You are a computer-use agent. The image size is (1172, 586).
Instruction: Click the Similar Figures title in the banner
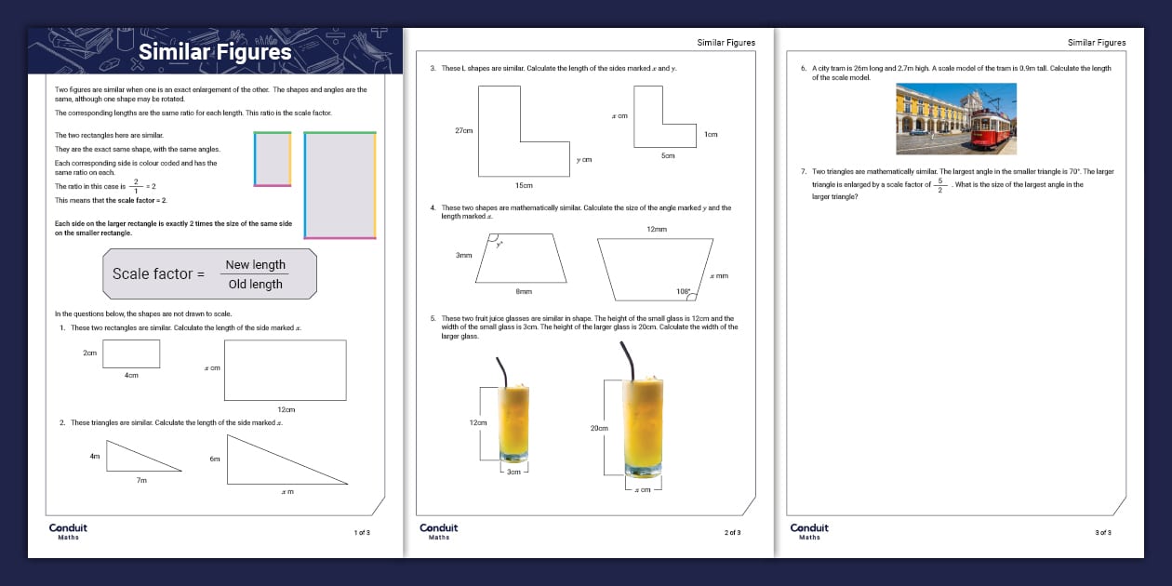[x=215, y=52]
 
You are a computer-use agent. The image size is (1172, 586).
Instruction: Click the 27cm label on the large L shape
[x=463, y=131]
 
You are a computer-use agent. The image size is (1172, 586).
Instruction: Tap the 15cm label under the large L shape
[x=524, y=186]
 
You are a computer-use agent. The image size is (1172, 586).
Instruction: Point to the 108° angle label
[x=684, y=291]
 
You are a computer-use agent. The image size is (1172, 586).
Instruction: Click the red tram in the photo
[x=990, y=128]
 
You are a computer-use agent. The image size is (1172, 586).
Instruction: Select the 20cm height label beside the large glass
[x=599, y=428]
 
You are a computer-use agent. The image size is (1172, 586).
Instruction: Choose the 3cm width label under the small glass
[x=513, y=472]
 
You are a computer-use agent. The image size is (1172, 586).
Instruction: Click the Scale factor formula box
[x=209, y=274]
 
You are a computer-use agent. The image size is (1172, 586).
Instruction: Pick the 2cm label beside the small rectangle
[x=89, y=353]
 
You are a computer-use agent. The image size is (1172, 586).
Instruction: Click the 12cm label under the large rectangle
[x=286, y=409]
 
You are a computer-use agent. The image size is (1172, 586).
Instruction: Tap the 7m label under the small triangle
[x=140, y=481]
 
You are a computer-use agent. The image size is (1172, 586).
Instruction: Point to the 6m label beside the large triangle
[x=215, y=459]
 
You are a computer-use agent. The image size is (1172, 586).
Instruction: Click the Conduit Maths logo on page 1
[x=68, y=530]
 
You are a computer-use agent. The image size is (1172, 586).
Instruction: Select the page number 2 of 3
[x=732, y=532]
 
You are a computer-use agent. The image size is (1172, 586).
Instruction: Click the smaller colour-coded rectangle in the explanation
[x=273, y=159]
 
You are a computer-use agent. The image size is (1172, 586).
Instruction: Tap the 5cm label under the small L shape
[x=667, y=155]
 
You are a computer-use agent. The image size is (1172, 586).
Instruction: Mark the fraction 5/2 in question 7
[x=940, y=185]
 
